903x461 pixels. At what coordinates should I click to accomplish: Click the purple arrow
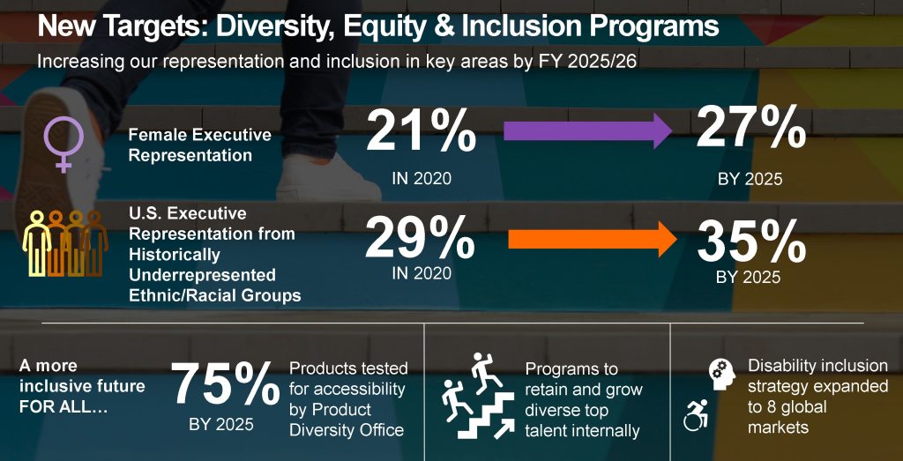click(x=587, y=133)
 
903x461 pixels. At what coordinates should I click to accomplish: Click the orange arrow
click(x=591, y=240)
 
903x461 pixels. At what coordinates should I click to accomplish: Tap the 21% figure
click(x=422, y=132)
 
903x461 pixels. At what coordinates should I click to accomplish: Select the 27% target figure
click(x=751, y=130)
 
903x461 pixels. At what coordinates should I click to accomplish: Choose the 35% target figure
click(x=751, y=240)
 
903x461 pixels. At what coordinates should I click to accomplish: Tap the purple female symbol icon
click(x=64, y=144)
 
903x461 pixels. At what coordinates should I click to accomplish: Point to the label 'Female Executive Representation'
click(x=199, y=145)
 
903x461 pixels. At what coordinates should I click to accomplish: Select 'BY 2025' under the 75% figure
click(x=221, y=425)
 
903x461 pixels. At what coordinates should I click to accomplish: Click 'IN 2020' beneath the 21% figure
click(x=422, y=179)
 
